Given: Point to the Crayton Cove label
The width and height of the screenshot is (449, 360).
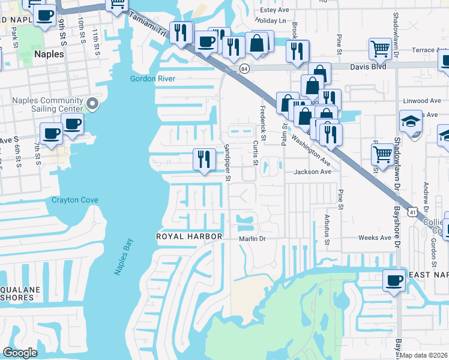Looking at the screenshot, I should [x=74, y=200].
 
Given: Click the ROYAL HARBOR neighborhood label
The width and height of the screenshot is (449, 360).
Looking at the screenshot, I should [x=189, y=236].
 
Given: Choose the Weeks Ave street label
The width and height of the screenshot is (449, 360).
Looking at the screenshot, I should [x=375, y=238].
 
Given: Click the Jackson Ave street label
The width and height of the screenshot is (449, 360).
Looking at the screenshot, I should [x=312, y=172].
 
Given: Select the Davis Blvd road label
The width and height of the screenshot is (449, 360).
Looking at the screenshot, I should [x=362, y=67].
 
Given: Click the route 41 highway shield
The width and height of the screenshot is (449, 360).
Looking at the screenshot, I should [x=412, y=212].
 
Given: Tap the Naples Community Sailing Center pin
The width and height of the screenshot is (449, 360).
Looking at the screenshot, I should [x=92, y=104].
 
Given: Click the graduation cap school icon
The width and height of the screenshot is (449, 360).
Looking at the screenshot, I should [x=411, y=121].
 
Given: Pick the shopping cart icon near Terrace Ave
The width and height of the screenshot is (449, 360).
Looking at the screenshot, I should [x=381, y=49].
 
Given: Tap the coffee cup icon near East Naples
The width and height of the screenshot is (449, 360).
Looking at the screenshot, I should [x=394, y=280].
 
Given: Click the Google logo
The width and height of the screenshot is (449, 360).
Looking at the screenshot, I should [x=20, y=353].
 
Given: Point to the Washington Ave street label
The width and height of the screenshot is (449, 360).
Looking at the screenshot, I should [x=311, y=149].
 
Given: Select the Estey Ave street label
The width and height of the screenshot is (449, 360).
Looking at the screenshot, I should [x=274, y=10].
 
